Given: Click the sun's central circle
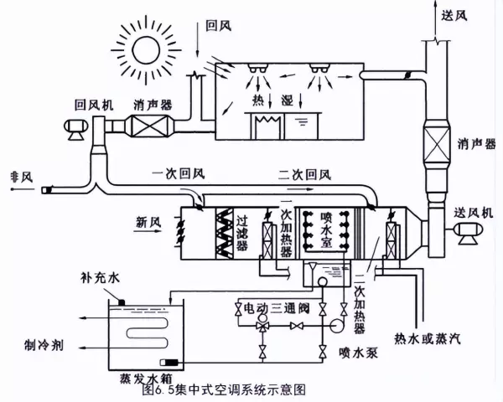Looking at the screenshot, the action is (146, 50).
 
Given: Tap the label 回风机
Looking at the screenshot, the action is (94, 106).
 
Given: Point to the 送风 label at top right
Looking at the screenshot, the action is (454, 16).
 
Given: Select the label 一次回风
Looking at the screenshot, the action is (178, 174).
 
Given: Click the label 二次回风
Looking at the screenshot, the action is (304, 175).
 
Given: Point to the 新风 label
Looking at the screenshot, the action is (148, 222).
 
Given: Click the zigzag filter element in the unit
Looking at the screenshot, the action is (224, 234).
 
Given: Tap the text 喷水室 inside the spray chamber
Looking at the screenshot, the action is (326, 229).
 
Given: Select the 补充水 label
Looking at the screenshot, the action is (100, 277).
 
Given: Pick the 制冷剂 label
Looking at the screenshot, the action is (44, 346).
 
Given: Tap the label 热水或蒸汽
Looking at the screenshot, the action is (428, 338).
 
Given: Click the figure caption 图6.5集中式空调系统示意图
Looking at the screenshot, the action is (224, 389).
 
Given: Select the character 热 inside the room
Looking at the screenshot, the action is (258, 100).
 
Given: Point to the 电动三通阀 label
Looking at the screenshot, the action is (277, 308).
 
